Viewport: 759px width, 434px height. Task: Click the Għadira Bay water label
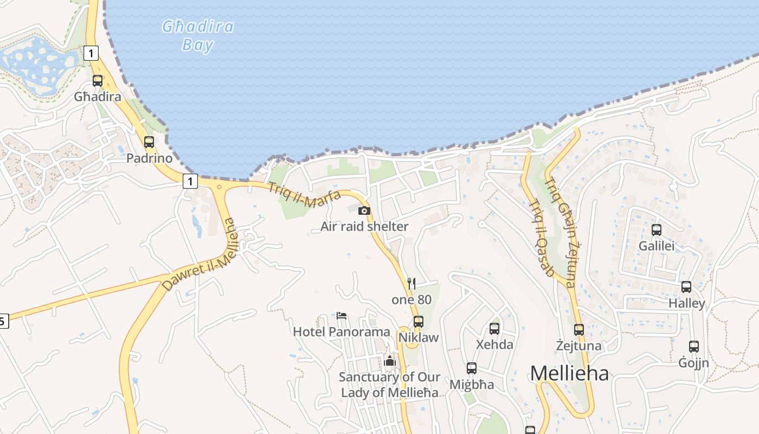pyautogui.click(x=198, y=35)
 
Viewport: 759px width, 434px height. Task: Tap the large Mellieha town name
pyautogui.click(x=569, y=373)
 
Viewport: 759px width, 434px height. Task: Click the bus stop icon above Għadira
pyautogui.click(x=98, y=81)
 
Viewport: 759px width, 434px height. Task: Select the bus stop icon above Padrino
pyautogui.click(x=149, y=142)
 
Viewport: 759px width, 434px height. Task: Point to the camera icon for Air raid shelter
pyautogui.click(x=364, y=210)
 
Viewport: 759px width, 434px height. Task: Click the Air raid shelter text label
pyautogui.click(x=364, y=226)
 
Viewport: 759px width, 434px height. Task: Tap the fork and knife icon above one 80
pyautogui.click(x=411, y=283)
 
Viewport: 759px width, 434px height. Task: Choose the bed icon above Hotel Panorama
pyautogui.click(x=342, y=315)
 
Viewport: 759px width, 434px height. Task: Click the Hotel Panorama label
pyautogui.click(x=342, y=331)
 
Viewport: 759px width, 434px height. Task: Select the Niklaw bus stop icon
pyautogui.click(x=419, y=321)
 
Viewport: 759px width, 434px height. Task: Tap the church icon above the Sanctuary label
pyautogui.click(x=390, y=360)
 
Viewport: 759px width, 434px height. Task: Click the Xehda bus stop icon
pyautogui.click(x=494, y=328)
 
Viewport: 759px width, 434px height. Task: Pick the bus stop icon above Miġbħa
pyautogui.click(x=472, y=368)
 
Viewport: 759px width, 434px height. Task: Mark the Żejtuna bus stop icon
pyautogui.click(x=579, y=329)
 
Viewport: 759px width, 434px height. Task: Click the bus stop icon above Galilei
pyautogui.click(x=657, y=229)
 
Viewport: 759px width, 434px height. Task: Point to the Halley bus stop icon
pyautogui.click(x=686, y=287)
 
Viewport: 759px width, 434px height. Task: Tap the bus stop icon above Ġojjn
pyautogui.click(x=694, y=347)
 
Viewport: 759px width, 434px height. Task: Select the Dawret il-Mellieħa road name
pyautogui.click(x=201, y=256)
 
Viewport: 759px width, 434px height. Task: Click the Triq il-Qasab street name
pyautogui.click(x=541, y=238)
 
